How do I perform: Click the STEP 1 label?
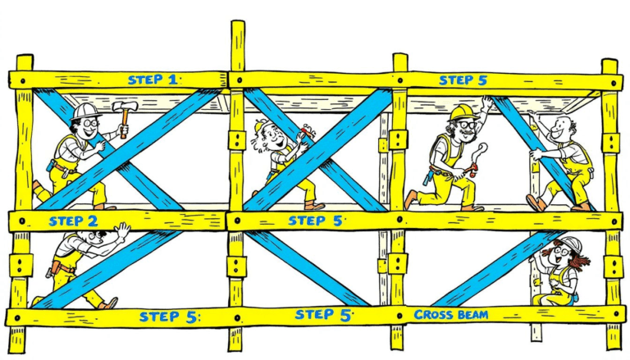pyautogui.click(x=152, y=80)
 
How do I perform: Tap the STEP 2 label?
pyautogui.click(x=73, y=221)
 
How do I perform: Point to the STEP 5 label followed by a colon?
pyautogui.click(x=168, y=317)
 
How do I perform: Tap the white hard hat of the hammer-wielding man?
pyautogui.click(x=84, y=111)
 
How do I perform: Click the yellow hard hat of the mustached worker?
pyautogui.click(x=462, y=112)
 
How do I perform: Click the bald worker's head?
pyautogui.click(x=561, y=127)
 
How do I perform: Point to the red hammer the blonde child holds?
pyautogui.click(x=306, y=131)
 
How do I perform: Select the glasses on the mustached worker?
pyautogui.click(x=464, y=125)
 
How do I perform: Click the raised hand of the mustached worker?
pyautogui.click(x=488, y=102)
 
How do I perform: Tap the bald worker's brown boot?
pyautogui.click(x=536, y=202)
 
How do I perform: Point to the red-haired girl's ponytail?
pyautogui.click(x=582, y=261)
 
